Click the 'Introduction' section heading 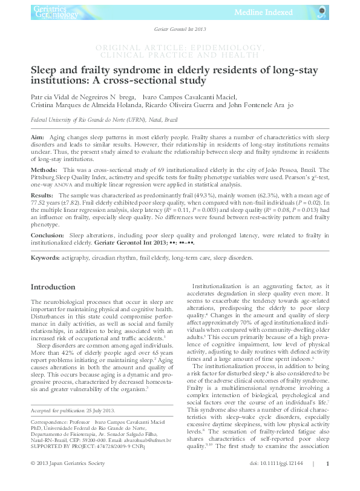click(x=53, y=286)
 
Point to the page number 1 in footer click(x=327, y=480)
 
